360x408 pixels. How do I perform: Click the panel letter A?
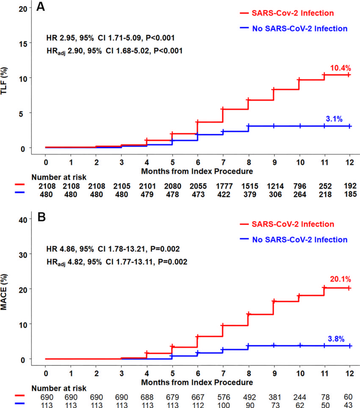[41, 6]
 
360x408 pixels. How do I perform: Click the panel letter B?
[42, 217]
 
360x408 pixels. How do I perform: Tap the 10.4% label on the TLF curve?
[341, 68]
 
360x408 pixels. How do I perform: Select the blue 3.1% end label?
[334, 119]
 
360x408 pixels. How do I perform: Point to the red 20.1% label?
[341, 279]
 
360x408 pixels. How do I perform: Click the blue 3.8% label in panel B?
[336, 339]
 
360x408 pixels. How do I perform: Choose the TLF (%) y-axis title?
[4, 81]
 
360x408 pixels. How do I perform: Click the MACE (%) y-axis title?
[4, 292]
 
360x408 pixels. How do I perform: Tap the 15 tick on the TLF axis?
[23, 44]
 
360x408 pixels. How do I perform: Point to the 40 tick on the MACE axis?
[23, 220]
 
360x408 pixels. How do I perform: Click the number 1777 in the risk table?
[224, 186]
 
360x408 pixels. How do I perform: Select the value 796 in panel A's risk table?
[299, 186]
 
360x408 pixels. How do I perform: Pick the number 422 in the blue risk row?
[224, 194]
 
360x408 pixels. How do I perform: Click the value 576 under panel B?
[224, 397]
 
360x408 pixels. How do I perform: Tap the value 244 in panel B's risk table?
[299, 397]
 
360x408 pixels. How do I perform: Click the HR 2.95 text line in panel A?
[111, 38]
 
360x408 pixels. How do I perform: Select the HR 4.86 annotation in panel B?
[113, 249]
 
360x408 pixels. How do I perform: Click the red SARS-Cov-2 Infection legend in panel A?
[287, 13]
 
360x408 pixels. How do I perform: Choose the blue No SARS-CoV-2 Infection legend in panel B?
[294, 240]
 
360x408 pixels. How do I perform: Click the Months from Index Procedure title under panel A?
[197, 171]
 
